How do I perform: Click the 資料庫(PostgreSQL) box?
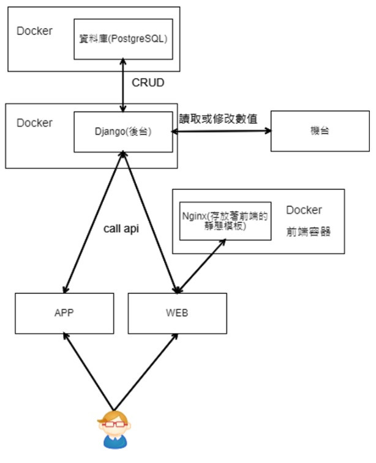[123, 39]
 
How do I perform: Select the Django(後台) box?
[123, 131]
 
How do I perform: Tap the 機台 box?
[320, 131]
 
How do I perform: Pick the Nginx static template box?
[225, 220]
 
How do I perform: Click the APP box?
[64, 313]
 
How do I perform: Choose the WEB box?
[177, 313]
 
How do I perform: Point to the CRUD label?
[148, 82]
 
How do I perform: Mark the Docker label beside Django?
[35, 122]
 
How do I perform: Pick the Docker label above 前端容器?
[304, 210]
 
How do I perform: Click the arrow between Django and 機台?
[221, 130]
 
